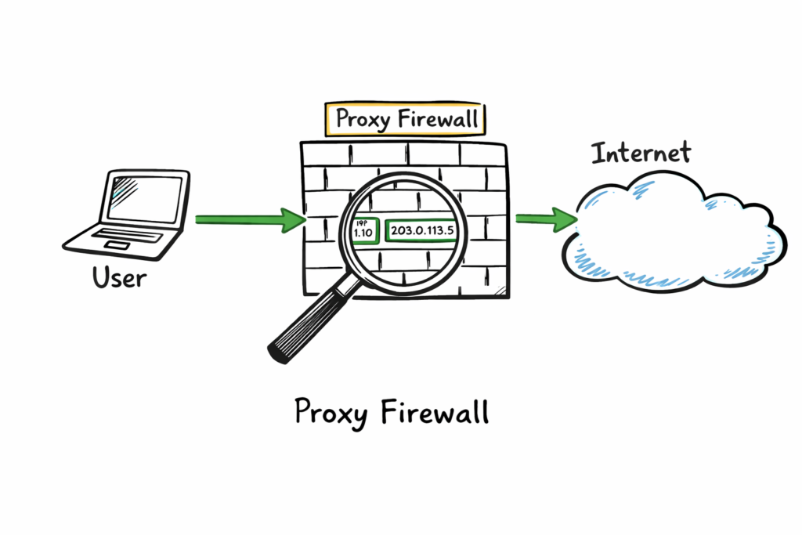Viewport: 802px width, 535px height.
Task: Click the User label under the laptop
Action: pos(118,277)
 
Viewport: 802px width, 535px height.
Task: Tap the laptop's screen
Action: pos(144,198)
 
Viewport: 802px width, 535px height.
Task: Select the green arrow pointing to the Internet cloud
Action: pos(545,219)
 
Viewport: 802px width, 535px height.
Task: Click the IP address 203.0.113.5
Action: pos(421,230)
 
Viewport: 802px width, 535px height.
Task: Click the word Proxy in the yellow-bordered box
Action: pos(363,120)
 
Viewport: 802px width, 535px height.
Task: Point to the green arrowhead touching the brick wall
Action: pos(294,219)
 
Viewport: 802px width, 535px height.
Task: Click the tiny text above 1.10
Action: pos(360,222)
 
